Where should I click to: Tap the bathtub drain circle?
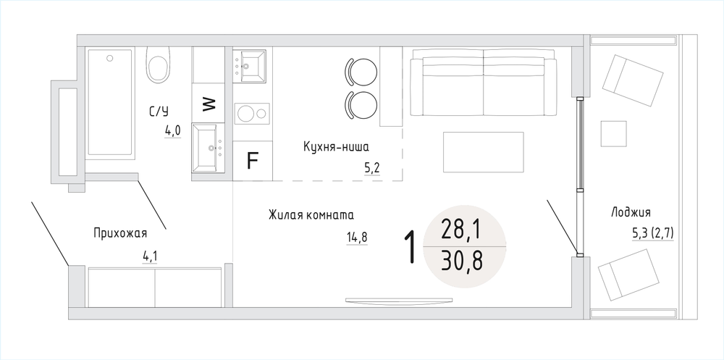point(109,58)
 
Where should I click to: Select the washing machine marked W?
point(209,104)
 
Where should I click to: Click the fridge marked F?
point(252,160)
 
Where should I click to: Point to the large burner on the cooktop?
point(245,113)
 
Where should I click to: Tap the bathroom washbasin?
point(209,148)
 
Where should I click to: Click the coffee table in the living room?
point(484,152)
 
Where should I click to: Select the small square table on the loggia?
point(614,134)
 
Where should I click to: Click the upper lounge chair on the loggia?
point(633,80)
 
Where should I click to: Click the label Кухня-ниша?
point(337,147)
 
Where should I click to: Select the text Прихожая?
point(120,233)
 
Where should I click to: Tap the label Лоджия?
point(631,212)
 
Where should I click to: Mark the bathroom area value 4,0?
point(173,131)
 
